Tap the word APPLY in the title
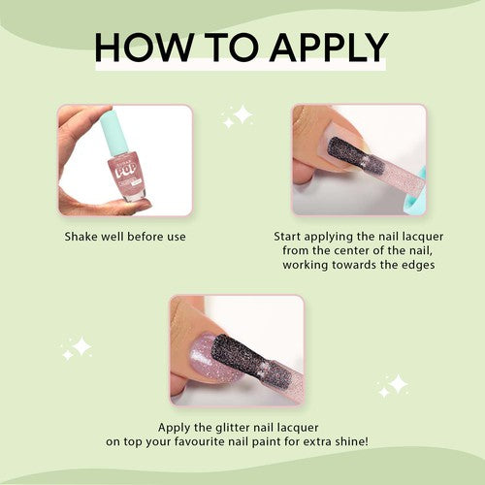329,47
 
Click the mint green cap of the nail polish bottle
115,132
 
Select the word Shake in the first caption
81,237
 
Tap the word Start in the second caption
287,237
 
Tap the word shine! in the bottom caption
352,441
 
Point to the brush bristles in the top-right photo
356,154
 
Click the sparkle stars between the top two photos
237,116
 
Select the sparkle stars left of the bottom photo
77,348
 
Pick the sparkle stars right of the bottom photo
393,385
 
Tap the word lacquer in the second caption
423,237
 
